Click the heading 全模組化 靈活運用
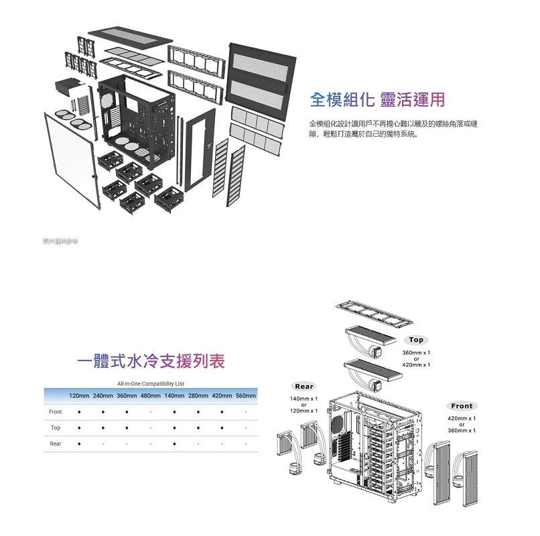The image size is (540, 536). click(377, 100)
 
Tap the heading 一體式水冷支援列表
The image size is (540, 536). click(151, 362)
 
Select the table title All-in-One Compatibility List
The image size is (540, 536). click(150, 384)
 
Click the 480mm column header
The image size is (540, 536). click(150, 396)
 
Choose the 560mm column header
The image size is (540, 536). click(246, 396)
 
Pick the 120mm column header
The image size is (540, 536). click(79, 396)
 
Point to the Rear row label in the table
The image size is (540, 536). click(56, 444)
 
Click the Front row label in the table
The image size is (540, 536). click(56, 411)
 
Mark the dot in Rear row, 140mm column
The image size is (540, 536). click(174, 444)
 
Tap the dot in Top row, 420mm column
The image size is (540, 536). click(222, 427)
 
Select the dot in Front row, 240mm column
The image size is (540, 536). click(103, 411)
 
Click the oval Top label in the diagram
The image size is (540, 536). click(416, 340)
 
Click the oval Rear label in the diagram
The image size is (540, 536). click(304, 386)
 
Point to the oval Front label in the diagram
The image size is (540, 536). click(461, 405)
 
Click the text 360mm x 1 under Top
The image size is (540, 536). click(416, 352)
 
